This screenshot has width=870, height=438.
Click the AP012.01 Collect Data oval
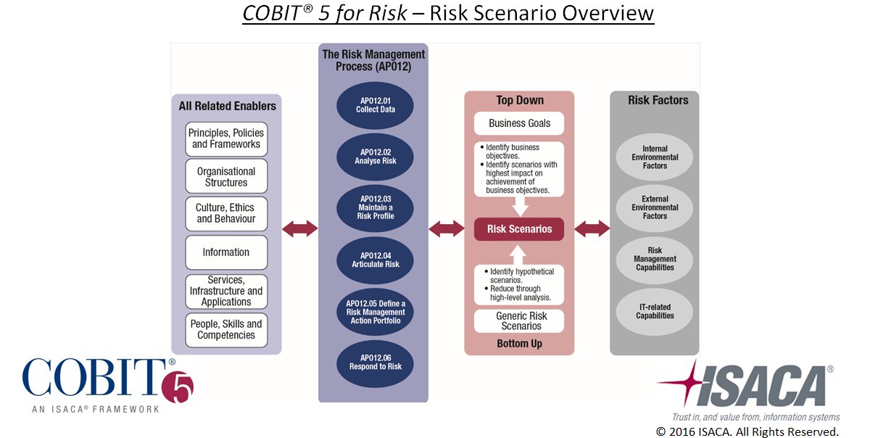tap(375, 106)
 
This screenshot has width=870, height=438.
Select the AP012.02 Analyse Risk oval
tap(375, 157)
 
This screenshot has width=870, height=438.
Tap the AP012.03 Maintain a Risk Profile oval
tap(375, 207)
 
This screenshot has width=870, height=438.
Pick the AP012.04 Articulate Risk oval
tap(375, 260)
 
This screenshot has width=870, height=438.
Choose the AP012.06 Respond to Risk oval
tap(375, 362)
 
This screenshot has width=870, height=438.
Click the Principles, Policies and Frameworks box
tap(226, 139)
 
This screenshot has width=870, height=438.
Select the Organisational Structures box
tap(226, 177)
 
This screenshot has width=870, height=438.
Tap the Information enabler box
tap(226, 252)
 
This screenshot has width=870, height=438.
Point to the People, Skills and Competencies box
tap(226, 330)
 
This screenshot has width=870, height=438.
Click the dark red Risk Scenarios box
tap(519, 229)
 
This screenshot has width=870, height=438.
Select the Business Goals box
tap(519, 123)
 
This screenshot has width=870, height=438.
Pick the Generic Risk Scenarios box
tap(519, 321)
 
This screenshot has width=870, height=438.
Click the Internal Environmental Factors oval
tap(655, 157)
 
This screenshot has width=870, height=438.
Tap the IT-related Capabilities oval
tap(655, 311)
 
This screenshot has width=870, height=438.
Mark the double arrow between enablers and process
tap(299, 229)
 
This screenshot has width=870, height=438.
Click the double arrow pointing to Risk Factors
tap(592, 229)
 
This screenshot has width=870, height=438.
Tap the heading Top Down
tap(519, 100)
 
